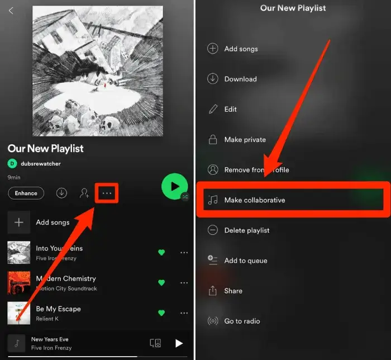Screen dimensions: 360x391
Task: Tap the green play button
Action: click(174, 186)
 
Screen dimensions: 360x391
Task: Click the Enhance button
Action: click(26, 193)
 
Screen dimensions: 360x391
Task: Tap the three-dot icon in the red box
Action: click(107, 193)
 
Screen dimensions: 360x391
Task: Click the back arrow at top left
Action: click(11, 11)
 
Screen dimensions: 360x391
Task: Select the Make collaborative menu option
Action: click(255, 200)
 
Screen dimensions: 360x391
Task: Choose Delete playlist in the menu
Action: click(247, 230)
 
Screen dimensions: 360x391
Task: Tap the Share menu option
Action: click(233, 291)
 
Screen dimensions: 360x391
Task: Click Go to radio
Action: click(242, 321)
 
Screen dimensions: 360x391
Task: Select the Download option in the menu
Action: click(241, 79)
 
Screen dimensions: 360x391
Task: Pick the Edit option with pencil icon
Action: click(231, 110)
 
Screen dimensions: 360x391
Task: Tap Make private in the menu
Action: click(245, 140)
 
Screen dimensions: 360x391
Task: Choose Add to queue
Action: click(246, 260)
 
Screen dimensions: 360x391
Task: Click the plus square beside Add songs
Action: click(18, 222)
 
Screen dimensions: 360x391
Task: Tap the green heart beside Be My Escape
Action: click(161, 313)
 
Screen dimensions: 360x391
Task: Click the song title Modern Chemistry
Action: click(66, 278)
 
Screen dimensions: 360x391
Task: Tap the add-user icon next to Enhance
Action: click(84, 193)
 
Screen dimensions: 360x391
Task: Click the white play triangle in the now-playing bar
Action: click(179, 343)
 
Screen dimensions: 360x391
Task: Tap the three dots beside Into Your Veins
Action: click(184, 253)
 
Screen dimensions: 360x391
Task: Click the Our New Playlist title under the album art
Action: click(46, 149)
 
